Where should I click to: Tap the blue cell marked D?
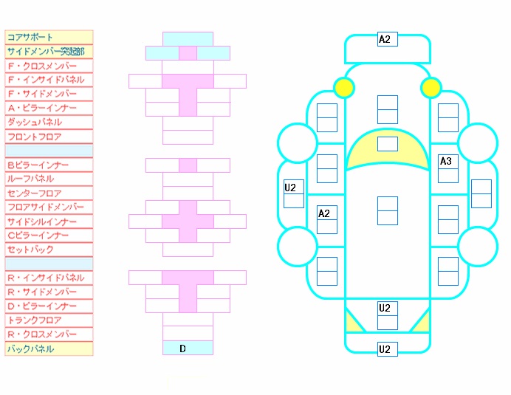click(188, 348)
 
